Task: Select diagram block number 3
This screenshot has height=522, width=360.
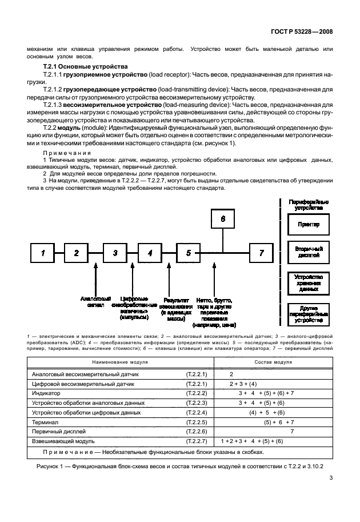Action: pyautogui.click(x=115, y=253)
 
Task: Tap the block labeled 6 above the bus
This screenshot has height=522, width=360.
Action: pyautogui.click(x=223, y=219)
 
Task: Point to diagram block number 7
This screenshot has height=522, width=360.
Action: pyautogui.click(x=262, y=253)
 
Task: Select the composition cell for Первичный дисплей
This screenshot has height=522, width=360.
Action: pyautogui.click(x=291, y=432)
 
